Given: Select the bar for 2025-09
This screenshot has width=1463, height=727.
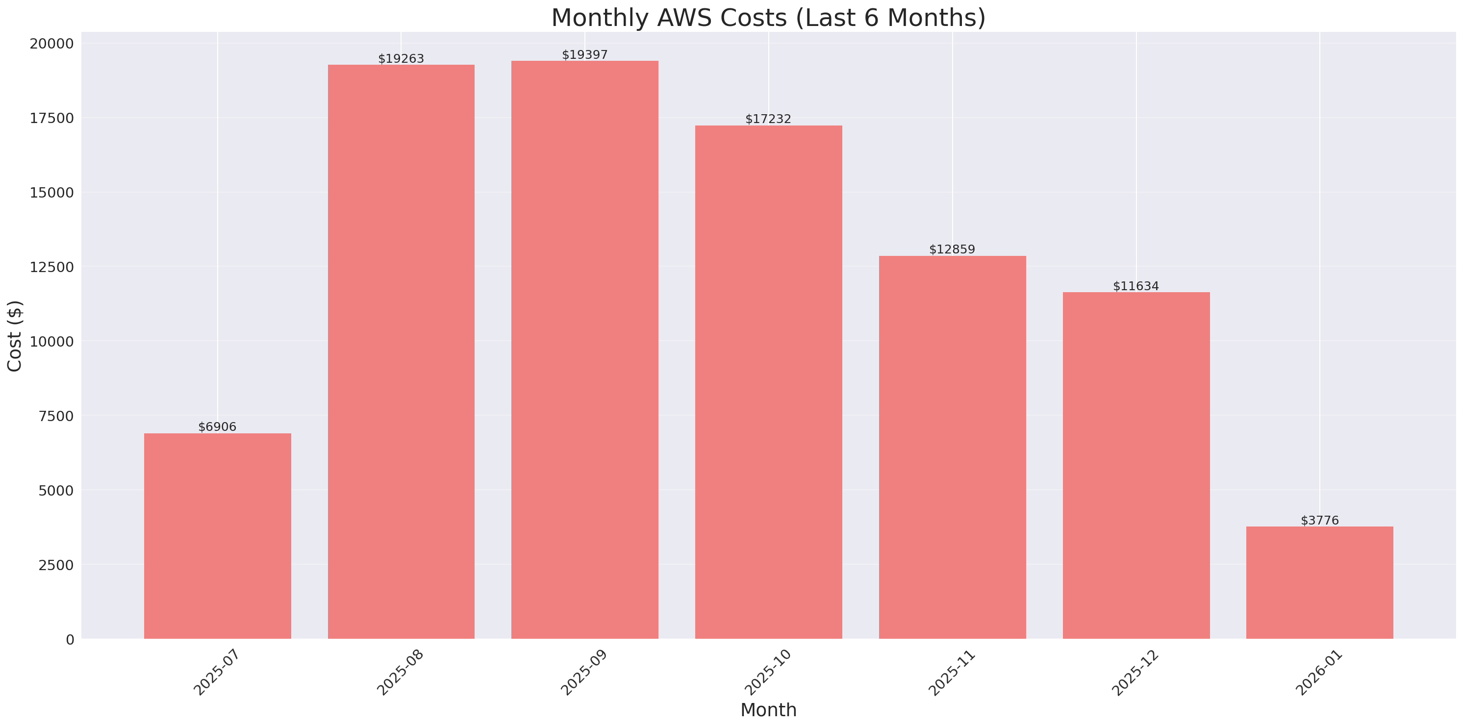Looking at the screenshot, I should click(584, 350).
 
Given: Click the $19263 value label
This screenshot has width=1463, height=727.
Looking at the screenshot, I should click(401, 58).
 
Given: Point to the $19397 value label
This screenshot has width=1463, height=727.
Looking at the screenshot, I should click(584, 54).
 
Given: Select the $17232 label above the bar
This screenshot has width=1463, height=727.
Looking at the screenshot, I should click(768, 119).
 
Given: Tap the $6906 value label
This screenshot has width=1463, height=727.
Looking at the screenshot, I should click(218, 426).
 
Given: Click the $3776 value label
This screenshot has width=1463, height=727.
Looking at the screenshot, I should click(1319, 520).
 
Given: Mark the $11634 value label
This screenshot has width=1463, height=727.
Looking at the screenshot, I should click(1135, 286).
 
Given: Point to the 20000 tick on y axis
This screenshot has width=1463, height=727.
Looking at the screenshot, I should click(51, 44).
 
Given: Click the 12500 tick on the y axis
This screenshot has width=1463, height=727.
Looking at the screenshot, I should click(51, 267).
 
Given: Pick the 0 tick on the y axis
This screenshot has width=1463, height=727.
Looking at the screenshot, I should click(70, 640).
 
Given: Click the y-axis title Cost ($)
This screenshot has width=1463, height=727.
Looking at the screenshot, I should click(15, 336).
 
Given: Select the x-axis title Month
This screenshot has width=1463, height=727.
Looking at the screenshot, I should click(768, 710).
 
